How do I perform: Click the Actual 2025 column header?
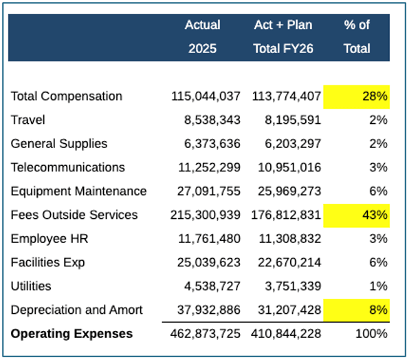point(202,36)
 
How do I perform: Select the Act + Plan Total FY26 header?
point(283,36)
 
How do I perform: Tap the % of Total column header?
point(357,36)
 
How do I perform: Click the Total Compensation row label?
point(67,96)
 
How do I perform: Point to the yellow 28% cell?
point(356,96)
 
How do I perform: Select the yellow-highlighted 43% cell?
point(356,215)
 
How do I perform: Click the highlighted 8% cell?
point(356,310)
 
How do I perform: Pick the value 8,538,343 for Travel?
point(212,120)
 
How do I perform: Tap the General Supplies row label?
point(59,144)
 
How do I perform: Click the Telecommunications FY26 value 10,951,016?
point(289,167)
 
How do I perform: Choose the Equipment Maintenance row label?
point(78,191)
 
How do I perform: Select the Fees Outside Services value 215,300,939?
point(206,215)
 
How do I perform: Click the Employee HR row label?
point(49,239)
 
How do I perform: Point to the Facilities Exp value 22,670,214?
point(289,262)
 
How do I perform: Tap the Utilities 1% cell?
point(378,286)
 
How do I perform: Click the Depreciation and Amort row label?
point(76,310)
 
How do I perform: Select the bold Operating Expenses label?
point(71,334)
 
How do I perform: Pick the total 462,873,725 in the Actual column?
point(206,334)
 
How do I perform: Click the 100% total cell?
point(371,334)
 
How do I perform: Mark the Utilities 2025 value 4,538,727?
point(212,286)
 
